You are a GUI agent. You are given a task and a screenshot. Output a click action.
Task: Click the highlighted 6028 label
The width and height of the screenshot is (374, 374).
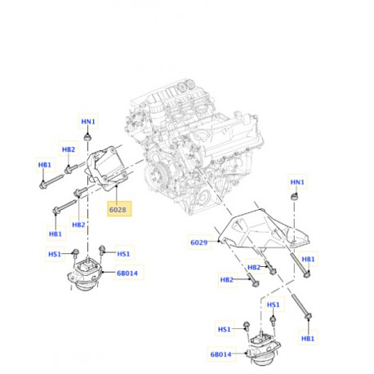pyautogui.click(x=118, y=209)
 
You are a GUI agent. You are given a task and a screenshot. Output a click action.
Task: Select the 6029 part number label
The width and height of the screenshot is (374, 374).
pyautogui.click(x=200, y=242)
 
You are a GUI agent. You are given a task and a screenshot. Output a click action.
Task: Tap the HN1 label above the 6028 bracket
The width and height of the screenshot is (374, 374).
pyautogui.click(x=88, y=122)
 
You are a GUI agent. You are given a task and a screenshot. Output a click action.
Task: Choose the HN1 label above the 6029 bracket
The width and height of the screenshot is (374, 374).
pyautogui.click(x=299, y=182)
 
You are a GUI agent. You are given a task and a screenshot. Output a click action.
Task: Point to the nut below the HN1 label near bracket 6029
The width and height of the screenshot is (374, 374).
pyautogui.click(x=295, y=198)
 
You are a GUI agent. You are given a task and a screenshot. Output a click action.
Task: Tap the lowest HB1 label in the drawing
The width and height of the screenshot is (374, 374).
pyautogui.click(x=307, y=338)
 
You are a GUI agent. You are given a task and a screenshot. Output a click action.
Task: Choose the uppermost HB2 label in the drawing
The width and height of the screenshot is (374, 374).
pyautogui.click(x=69, y=150)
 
